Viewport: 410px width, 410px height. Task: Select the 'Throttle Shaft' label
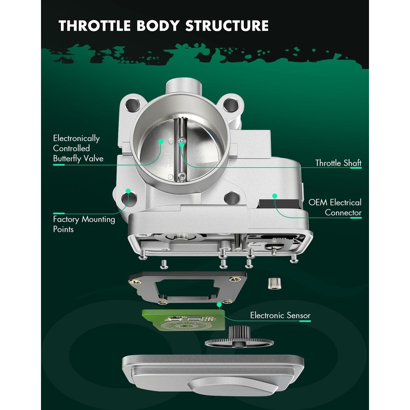(338, 163)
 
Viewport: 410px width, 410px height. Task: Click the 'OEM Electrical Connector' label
(335, 208)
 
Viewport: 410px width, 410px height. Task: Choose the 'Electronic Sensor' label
(280, 316)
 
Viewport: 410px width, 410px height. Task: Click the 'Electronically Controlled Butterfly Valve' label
(78, 149)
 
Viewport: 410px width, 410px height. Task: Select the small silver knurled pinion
(274, 283)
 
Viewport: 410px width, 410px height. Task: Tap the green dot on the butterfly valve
(161, 140)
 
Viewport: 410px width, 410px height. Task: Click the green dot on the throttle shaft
(181, 144)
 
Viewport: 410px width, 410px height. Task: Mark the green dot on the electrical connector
(275, 195)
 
